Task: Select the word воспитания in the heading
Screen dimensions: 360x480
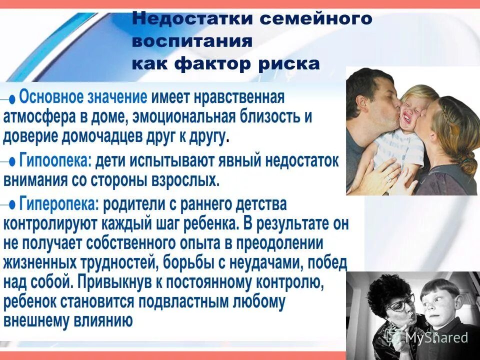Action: pos(192,41)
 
